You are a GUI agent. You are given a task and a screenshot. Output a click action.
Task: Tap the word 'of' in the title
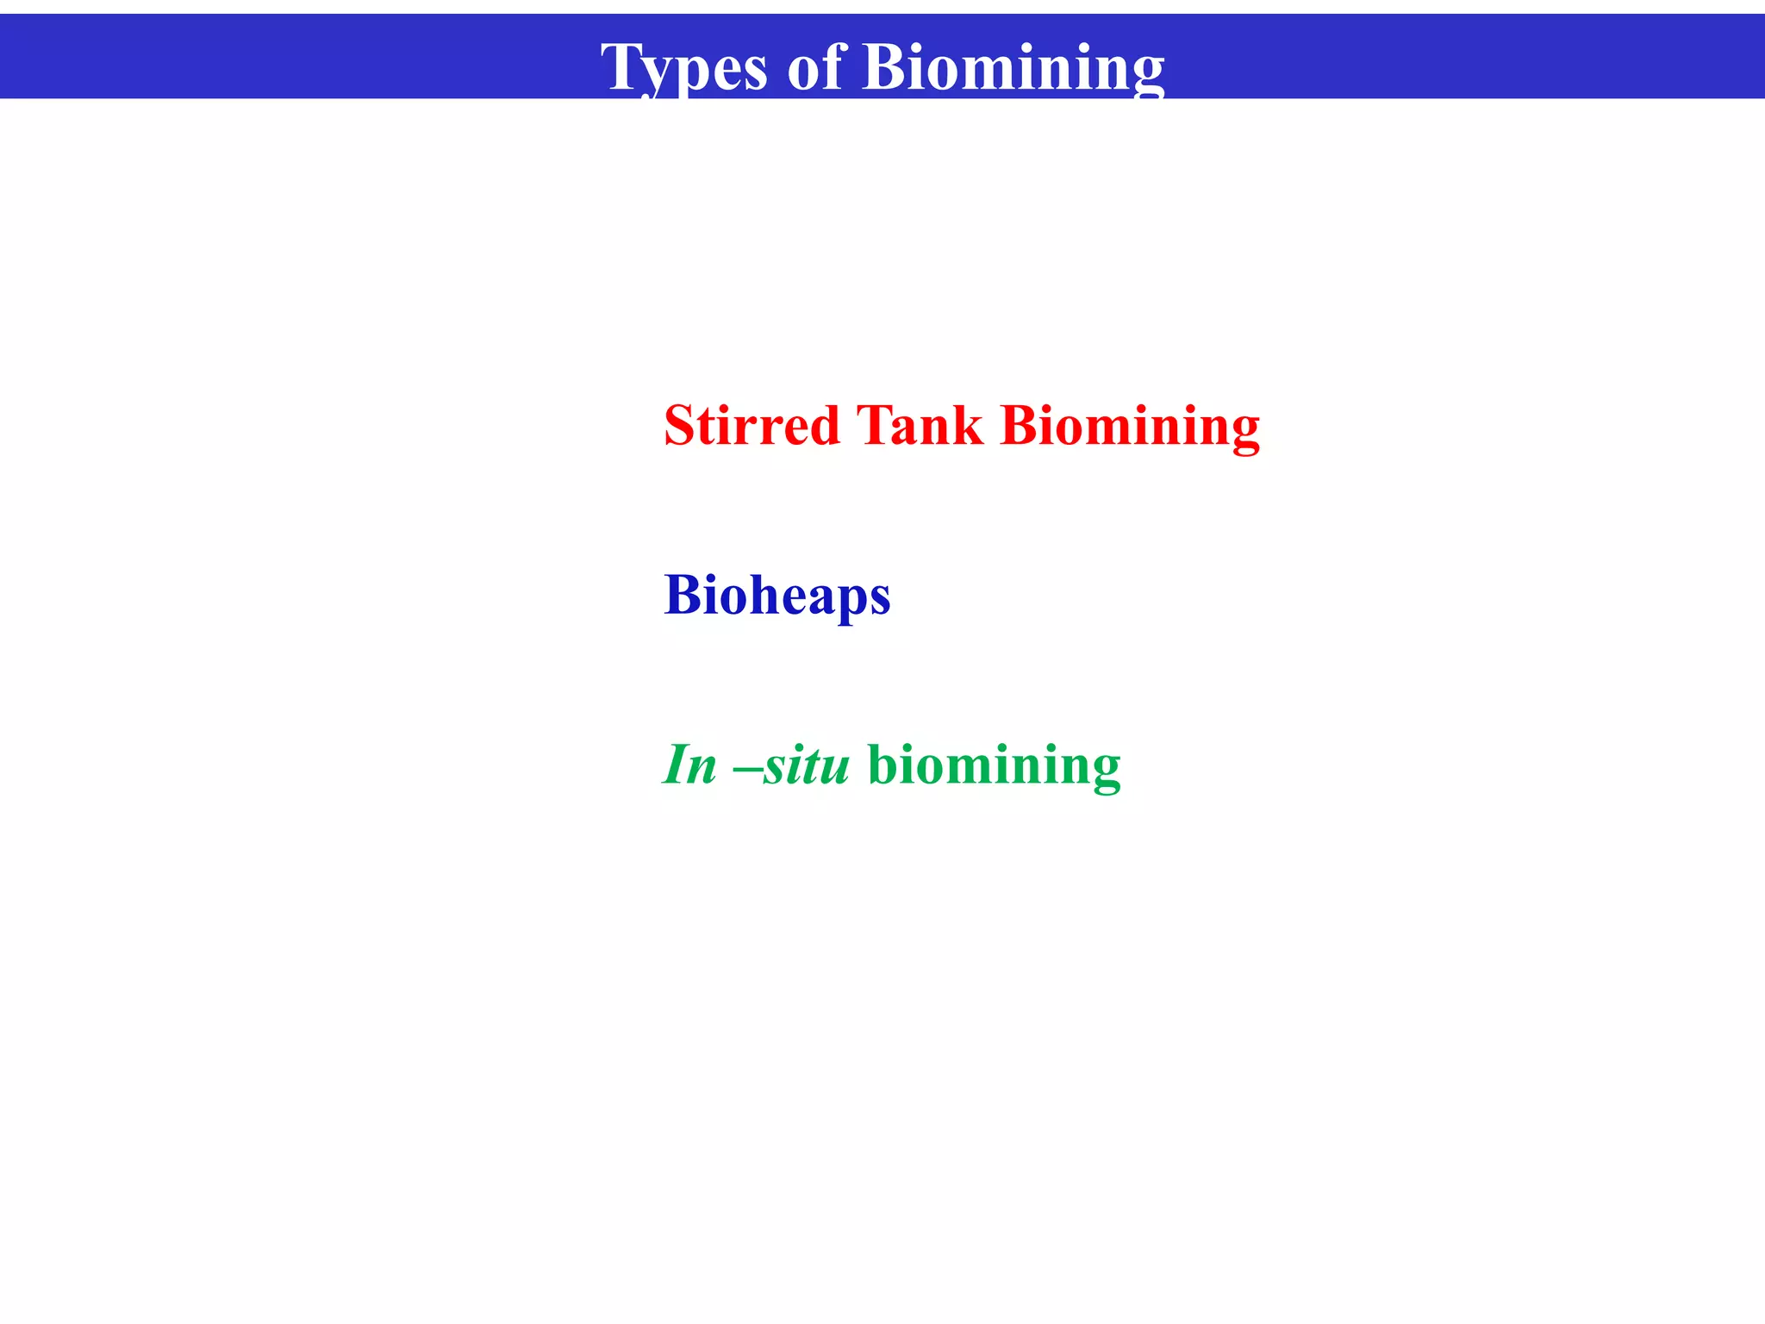tap(814, 67)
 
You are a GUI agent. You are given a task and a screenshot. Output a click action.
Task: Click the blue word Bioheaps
tap(776, 595)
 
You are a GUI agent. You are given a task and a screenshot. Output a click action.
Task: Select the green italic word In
tap(689, 765)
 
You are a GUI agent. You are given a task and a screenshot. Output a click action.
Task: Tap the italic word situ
tap(806, 765)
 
